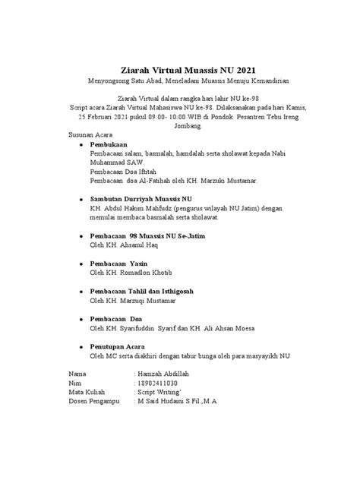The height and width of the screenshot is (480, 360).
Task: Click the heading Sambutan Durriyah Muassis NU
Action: pyautogui.click(x=138, y=197)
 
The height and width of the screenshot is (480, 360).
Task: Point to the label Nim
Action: pyautogui.click(x=74, y=384)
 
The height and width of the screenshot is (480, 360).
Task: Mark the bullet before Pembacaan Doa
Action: pyautogui.click(x=81, y=318)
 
